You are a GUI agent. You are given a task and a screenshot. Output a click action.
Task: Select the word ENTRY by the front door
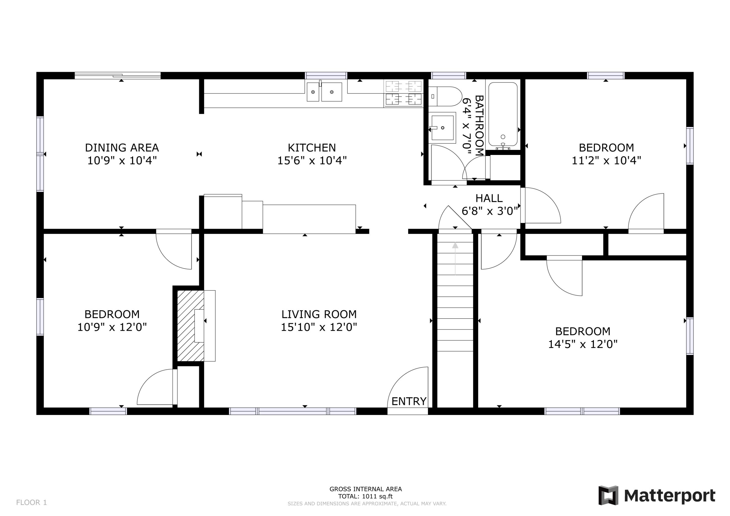click(409, 402)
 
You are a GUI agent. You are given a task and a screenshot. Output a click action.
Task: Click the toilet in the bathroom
click(445, 96)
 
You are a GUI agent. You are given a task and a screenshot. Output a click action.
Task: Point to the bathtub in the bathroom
click(503, 114)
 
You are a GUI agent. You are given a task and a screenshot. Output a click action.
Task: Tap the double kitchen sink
click(324, 92)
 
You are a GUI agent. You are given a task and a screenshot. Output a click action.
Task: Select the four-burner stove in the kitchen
click(403, 93)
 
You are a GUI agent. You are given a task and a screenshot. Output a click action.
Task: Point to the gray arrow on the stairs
click(455, 258)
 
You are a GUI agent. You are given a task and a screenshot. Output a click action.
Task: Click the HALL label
click(489, 198)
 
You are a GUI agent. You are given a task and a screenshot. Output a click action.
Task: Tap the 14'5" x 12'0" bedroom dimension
click(583, 344)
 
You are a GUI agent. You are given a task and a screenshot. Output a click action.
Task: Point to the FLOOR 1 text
click(31, 502)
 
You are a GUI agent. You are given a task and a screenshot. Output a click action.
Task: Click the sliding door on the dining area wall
click(118, 75)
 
